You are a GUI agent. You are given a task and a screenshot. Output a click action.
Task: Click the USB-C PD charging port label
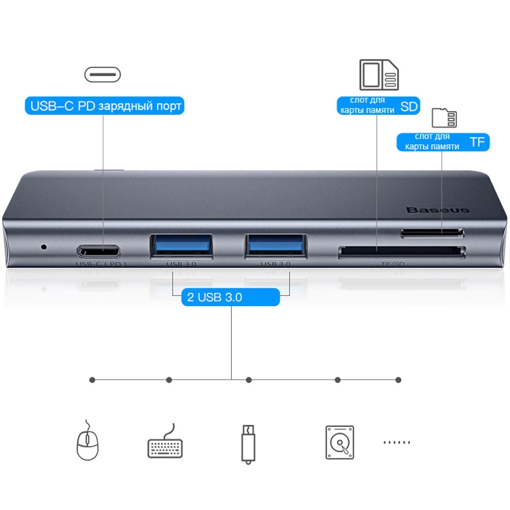point(105,106)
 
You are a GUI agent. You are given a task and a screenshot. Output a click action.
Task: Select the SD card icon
point(379,75)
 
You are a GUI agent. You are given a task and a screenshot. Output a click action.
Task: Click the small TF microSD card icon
point(445,118)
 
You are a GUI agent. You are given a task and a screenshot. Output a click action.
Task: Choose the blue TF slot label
point(443,141)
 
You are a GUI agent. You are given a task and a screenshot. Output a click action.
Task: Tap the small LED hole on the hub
point(45,245)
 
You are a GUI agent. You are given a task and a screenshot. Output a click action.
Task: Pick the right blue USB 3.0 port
point(276,245)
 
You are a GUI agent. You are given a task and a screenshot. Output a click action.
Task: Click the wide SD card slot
point(401,252)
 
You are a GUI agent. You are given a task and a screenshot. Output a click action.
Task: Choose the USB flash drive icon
point(249,444)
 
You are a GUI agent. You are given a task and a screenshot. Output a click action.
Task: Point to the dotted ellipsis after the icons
point(396,443)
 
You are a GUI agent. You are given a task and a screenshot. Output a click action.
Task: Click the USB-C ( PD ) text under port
point(102,265)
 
